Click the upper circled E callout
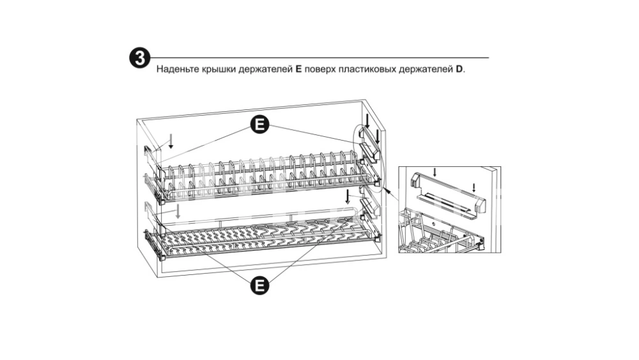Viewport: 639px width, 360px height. tap(259, 125)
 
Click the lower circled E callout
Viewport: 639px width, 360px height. tap(259, 286)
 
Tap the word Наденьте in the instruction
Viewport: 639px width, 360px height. tap(177, 68)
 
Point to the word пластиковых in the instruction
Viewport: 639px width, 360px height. tap(369, 68)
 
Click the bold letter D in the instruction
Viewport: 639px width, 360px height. tap(459, 68)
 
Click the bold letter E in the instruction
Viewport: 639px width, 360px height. tap(298, 68)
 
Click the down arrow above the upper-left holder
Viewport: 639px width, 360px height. tap(170, 141)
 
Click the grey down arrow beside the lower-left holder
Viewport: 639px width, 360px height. tap(180, 211)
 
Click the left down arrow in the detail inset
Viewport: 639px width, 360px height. tap(435, 172)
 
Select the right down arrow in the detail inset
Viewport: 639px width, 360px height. tap(473, 187)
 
